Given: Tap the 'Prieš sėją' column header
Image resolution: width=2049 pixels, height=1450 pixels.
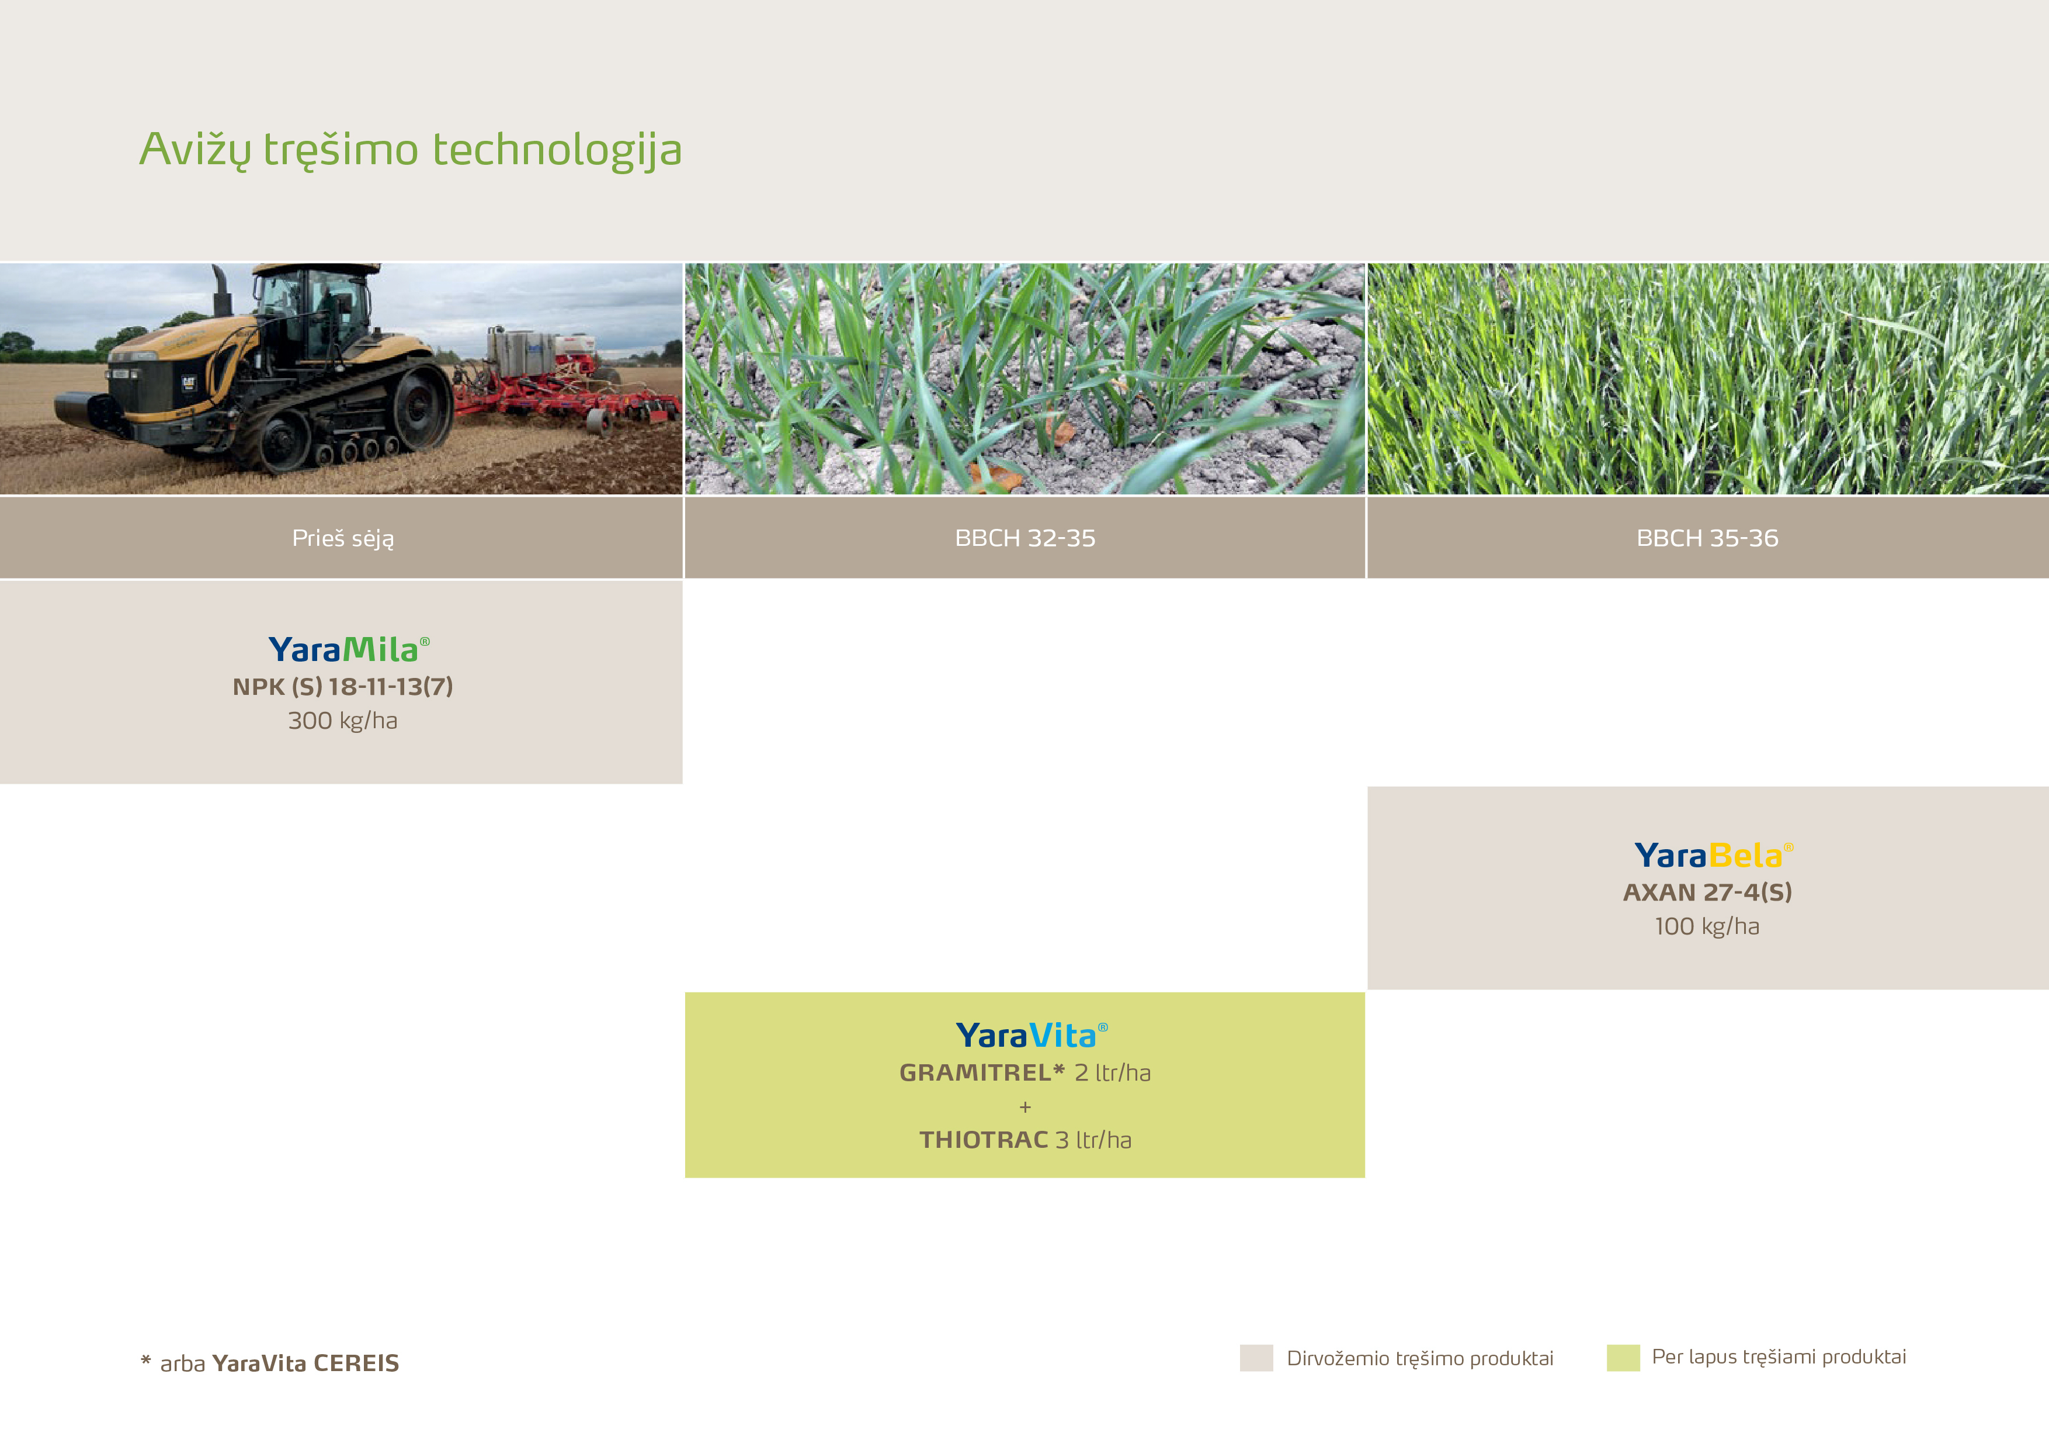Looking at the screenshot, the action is [x=343, y=538].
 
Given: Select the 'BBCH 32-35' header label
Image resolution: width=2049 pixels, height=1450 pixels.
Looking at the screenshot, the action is [x=1024, y=538].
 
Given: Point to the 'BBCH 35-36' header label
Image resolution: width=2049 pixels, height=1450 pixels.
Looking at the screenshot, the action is [x=1707, y=538].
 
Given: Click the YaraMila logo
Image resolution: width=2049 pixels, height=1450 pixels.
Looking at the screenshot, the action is [x=349, y=649].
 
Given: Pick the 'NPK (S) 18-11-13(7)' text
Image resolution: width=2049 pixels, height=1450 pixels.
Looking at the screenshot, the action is [x=343, y=687].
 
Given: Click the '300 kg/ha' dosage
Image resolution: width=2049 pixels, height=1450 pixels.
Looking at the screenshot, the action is [x=343, y=721].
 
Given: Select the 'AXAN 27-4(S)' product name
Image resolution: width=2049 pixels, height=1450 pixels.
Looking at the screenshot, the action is [x=1707, y=892].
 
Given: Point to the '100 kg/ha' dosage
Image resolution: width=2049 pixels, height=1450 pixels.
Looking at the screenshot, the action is [x=1707, y=926].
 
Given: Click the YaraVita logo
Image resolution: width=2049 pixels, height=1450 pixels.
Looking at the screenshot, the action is [x=1032, y=1036].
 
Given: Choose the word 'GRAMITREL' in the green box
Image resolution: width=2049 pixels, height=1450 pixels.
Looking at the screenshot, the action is [x=975, y=1072].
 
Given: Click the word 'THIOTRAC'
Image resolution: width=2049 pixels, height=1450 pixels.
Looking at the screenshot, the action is [x=984, y=1140].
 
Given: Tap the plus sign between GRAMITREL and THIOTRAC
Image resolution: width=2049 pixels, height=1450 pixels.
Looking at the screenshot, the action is [x=1024, y=1107].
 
